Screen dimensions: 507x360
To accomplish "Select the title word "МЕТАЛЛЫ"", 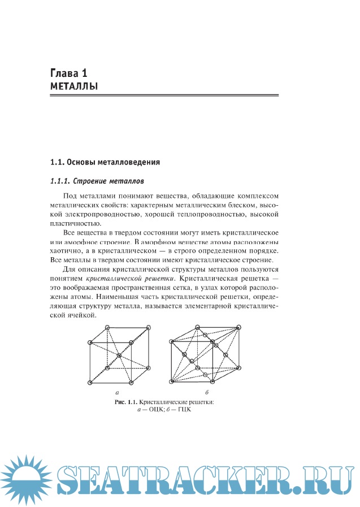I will (x=74, y=86).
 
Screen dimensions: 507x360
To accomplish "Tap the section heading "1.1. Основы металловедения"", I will (x=106, y=163).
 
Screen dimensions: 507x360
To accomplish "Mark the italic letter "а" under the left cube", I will (x=117, y=392).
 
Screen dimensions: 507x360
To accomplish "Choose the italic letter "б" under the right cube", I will (x=207, y=392).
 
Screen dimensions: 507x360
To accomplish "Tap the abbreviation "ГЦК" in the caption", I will (x=184, y=410).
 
